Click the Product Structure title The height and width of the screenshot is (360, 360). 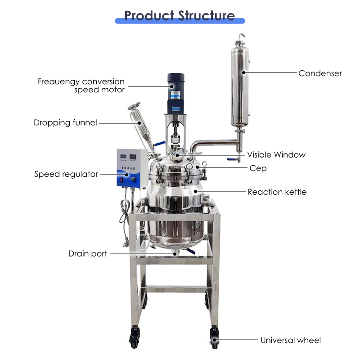coord(180,16)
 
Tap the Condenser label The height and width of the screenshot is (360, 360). coord(320,73)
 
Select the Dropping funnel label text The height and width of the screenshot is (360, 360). coord(65,122)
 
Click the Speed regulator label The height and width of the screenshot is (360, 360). coord(66,174)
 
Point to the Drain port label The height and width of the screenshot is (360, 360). coord(88,254)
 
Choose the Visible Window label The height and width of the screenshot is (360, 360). coord(276,155)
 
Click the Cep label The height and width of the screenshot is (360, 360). coord(258,168)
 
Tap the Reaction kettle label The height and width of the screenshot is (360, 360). coord(277,192)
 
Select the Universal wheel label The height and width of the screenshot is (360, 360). coord(291,340)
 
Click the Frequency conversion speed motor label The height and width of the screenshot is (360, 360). coord(81,85)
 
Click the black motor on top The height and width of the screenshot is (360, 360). coord(176,93)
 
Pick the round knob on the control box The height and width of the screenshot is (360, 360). coord(133,179)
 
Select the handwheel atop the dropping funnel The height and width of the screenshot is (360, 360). coord(134,106)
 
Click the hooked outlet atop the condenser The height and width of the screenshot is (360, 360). coord(242,36)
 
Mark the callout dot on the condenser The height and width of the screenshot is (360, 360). coord(243,72)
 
